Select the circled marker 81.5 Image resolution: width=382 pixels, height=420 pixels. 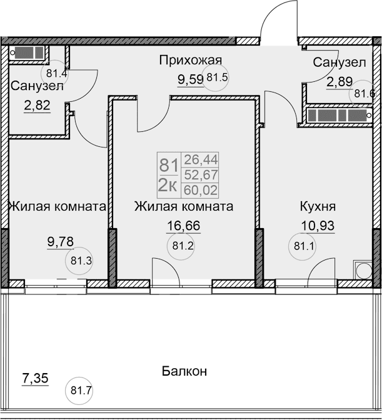(217, 78)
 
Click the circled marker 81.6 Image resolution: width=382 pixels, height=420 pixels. (364, 94)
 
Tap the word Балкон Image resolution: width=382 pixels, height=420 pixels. (184, 371)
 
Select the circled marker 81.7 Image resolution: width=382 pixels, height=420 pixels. (81, 392)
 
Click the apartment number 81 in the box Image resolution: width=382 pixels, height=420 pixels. (168, 166)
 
